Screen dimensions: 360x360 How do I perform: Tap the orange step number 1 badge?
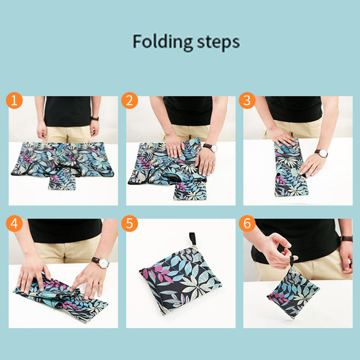click(x=14, y=100)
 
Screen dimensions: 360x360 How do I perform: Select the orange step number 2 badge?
click(x=130, y=100)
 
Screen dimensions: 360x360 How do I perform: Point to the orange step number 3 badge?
click(x=247, y=100)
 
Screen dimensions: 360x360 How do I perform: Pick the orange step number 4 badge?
click(x=14, y=224)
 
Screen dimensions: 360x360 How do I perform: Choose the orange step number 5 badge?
click(x=130, y=224)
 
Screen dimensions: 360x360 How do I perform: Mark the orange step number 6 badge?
click(x=247, y=224)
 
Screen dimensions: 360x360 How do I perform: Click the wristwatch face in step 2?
click(x=213, y=148)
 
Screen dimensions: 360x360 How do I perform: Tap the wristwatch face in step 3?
click(x=323, y=153)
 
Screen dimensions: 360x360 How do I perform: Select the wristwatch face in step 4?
click(x=104, y=263)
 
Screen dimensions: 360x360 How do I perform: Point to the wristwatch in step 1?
click(x=95, y=118)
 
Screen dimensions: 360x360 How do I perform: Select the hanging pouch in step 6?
click(x=293, y=293)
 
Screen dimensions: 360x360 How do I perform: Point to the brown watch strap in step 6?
click(x=346, y=238)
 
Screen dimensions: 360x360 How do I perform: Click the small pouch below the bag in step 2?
click(x=190, y=190)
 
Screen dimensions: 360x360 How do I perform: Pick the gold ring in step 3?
click(x=319, y=168)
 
